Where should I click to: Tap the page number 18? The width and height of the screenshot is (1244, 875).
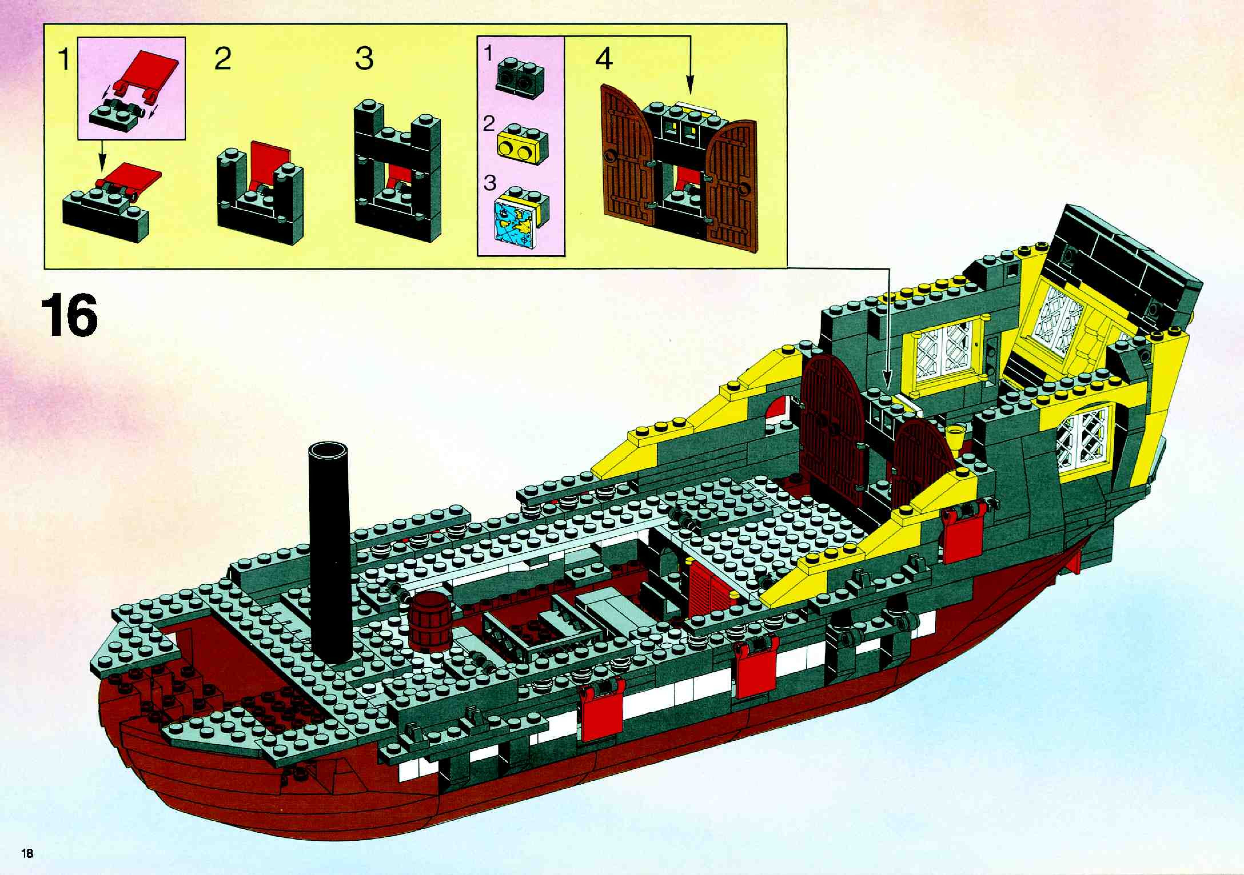27,854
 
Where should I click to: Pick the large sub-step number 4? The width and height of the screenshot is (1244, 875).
604,59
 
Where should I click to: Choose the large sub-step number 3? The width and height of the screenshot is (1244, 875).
364,59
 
